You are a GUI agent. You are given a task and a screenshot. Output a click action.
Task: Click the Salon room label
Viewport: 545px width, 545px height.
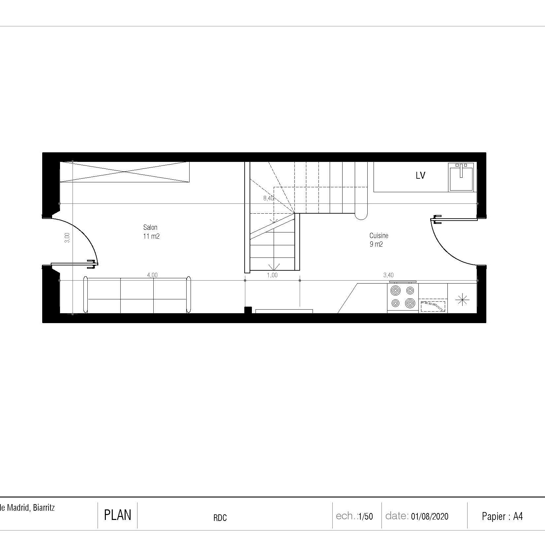pos(150,227)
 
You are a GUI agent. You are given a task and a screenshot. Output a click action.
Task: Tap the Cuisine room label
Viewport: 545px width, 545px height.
pos(379,236)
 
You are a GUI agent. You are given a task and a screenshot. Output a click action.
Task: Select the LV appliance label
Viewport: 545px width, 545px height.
pos(420,176)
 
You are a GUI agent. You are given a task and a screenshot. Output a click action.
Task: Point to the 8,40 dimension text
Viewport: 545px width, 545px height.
pos(268,198)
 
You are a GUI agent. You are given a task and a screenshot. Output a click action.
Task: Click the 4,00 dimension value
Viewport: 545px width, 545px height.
pos(152,275)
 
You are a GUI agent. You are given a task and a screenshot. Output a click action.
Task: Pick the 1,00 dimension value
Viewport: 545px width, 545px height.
pos(272,275)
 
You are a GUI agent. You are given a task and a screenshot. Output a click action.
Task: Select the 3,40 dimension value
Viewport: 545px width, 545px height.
pos(388,275)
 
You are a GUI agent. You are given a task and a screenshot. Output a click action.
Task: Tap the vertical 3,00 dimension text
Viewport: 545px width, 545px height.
pos(67,238)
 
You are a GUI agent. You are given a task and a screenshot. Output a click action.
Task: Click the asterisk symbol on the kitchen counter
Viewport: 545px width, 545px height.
pos(462,299)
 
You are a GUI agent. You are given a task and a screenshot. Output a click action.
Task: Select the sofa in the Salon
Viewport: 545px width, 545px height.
pos(137,295)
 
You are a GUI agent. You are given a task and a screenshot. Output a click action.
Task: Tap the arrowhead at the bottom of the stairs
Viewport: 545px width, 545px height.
pos(274,267)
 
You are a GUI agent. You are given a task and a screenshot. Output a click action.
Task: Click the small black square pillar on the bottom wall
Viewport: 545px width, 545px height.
pos(248,310)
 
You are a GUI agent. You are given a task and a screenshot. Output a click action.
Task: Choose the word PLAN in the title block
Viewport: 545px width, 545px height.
pos(117,515)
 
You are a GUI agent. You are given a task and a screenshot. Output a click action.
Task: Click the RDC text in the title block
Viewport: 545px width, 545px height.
pos(220,518)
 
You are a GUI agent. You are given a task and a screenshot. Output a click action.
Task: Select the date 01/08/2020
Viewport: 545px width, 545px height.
pos(430,516)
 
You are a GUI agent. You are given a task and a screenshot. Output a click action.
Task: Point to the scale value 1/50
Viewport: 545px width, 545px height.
pos(365,516)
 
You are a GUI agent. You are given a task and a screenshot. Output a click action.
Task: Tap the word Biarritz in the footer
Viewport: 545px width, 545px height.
pos(44,508)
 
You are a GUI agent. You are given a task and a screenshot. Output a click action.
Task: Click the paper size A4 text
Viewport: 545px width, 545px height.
pos(518,516)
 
